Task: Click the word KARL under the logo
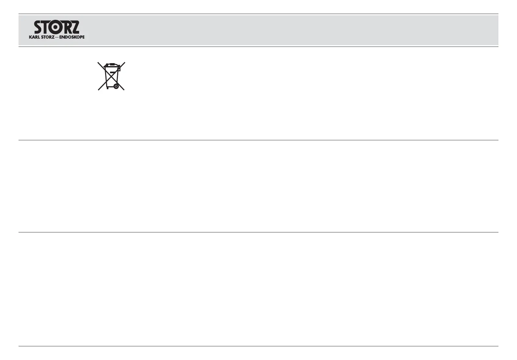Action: tap(34, 37)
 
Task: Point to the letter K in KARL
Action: tap(30, 37)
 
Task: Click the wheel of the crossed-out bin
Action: tap(116, 86)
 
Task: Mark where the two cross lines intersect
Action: tap(111, 76)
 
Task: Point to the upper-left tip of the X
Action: tap(98, 62)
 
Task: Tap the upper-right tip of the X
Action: tap(125, 62)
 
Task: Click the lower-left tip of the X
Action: tap(99, 90)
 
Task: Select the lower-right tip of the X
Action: tap(124, 90)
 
